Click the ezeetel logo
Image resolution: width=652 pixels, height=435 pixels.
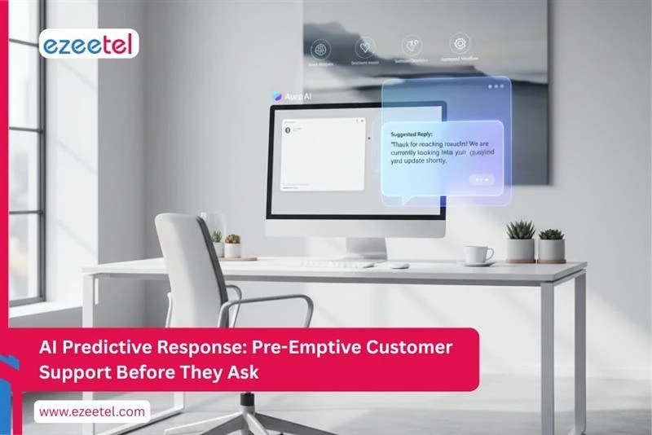click(89, 43)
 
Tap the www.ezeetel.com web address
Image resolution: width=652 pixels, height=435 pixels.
click(92, 411)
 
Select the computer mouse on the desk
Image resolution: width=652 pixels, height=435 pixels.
click(399, 265)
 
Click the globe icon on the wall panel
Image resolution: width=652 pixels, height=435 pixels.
click(319, 48)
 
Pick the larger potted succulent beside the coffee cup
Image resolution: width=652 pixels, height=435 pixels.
click(520, 241)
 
